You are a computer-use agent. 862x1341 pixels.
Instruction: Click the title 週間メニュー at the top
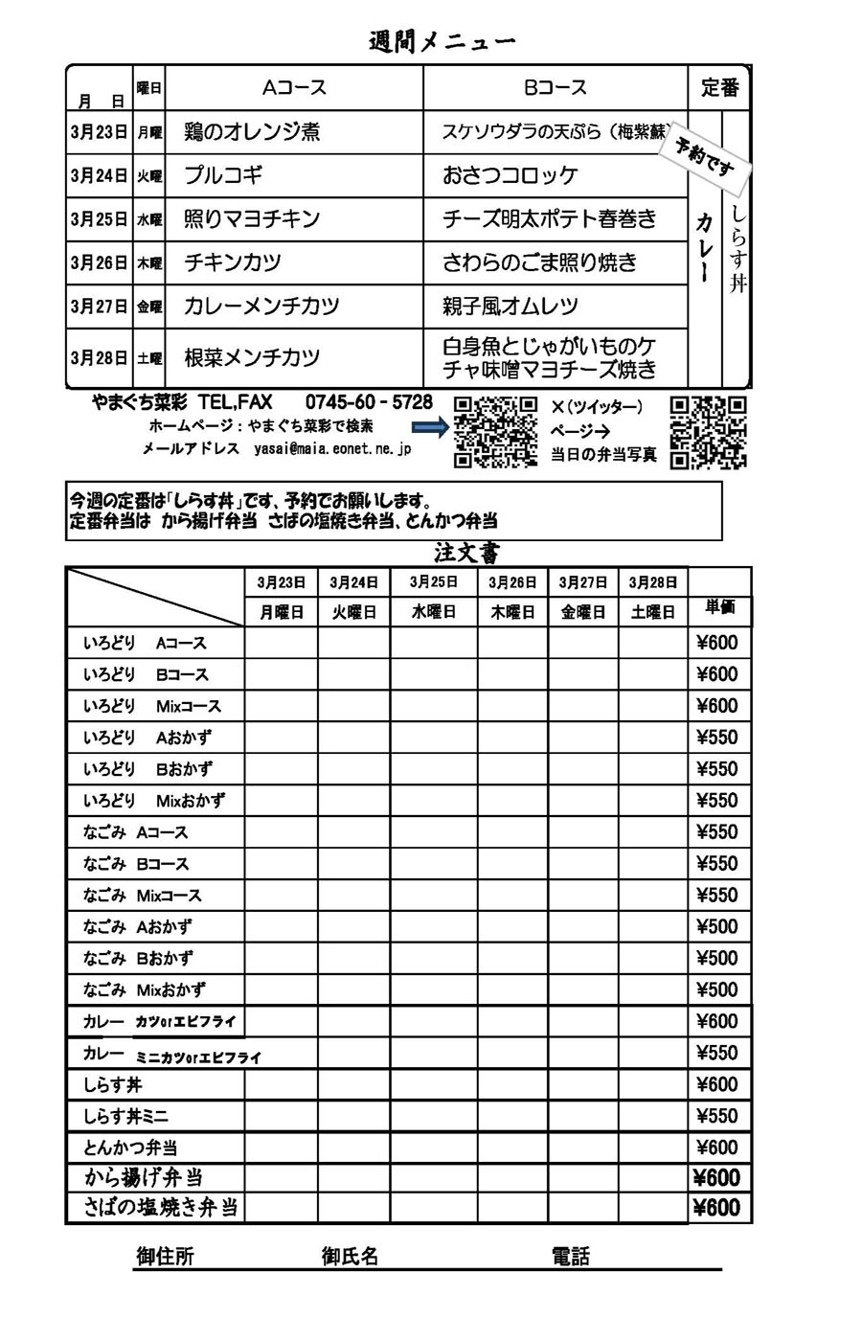click(x=442, y=41)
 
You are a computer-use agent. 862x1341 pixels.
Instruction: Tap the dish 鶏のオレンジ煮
click(x=252, y=132)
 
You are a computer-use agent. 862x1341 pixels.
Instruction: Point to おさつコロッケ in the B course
click(x=510, y=175)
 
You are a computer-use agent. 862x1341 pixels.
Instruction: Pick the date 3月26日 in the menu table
click(x=98, y=262)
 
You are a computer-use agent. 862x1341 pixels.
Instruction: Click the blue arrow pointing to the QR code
click(x=430, y=427)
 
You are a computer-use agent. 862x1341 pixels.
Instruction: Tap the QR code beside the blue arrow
click(x=494, y=431)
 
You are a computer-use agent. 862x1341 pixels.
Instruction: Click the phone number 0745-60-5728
click(x=369, y=402)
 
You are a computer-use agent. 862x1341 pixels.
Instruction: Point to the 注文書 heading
click(x=466, y=553)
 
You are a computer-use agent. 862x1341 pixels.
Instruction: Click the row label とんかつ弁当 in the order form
click(x=130, y=1148)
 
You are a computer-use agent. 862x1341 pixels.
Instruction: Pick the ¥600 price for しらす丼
click(x=717, y=1084)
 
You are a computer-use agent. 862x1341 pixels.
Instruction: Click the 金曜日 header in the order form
click(x=583, y=612)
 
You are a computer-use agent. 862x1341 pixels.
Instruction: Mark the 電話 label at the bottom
click(x=571, y=1257)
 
